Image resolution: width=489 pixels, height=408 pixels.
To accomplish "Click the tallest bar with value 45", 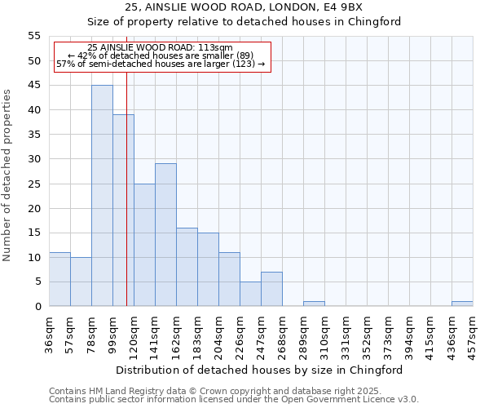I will (102, 196).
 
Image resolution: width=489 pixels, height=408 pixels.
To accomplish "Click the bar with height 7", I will (271, 289).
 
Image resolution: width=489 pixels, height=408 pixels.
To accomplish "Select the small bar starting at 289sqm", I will (314, 304).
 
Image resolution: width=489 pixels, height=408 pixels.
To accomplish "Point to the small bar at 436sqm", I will (462, 304).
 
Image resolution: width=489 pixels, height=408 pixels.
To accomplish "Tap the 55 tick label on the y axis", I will (33, 37).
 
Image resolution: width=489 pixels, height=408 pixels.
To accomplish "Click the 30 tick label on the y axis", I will (33, 159).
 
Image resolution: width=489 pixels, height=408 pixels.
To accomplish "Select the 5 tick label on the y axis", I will (37, 282).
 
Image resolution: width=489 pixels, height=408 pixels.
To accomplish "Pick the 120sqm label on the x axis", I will (134, 335).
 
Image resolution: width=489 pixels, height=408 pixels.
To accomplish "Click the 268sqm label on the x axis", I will (282, 335).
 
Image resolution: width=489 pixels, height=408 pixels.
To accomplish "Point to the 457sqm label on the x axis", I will (473, 335).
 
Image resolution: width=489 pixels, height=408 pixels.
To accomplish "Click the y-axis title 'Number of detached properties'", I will (7, 175).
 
